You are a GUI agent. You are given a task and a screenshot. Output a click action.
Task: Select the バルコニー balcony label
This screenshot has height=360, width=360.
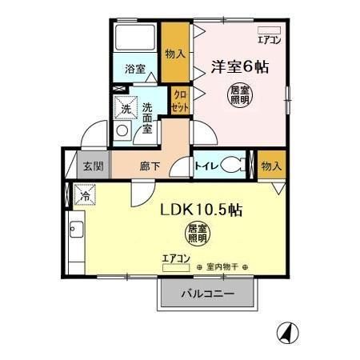click(x=206, y=294)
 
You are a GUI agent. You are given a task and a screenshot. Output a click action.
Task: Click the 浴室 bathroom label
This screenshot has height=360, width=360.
click(x=135, y=70)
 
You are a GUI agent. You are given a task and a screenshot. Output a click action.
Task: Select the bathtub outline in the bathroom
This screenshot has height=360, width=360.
click(x=135, y=38)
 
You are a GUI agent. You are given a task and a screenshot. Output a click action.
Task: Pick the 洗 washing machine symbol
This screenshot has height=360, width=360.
click(x=125, y=107)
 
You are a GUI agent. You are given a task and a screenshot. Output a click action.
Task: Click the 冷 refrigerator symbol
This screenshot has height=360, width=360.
click(x=84, y=194)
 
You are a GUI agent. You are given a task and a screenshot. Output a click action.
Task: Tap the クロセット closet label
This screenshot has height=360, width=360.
click(x=181, y=100)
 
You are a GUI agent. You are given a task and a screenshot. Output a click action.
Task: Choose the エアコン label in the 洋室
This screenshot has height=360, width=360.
click(x=269, y=38)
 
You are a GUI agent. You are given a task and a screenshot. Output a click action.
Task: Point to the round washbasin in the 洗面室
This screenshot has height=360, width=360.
click(x=122, y=130)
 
